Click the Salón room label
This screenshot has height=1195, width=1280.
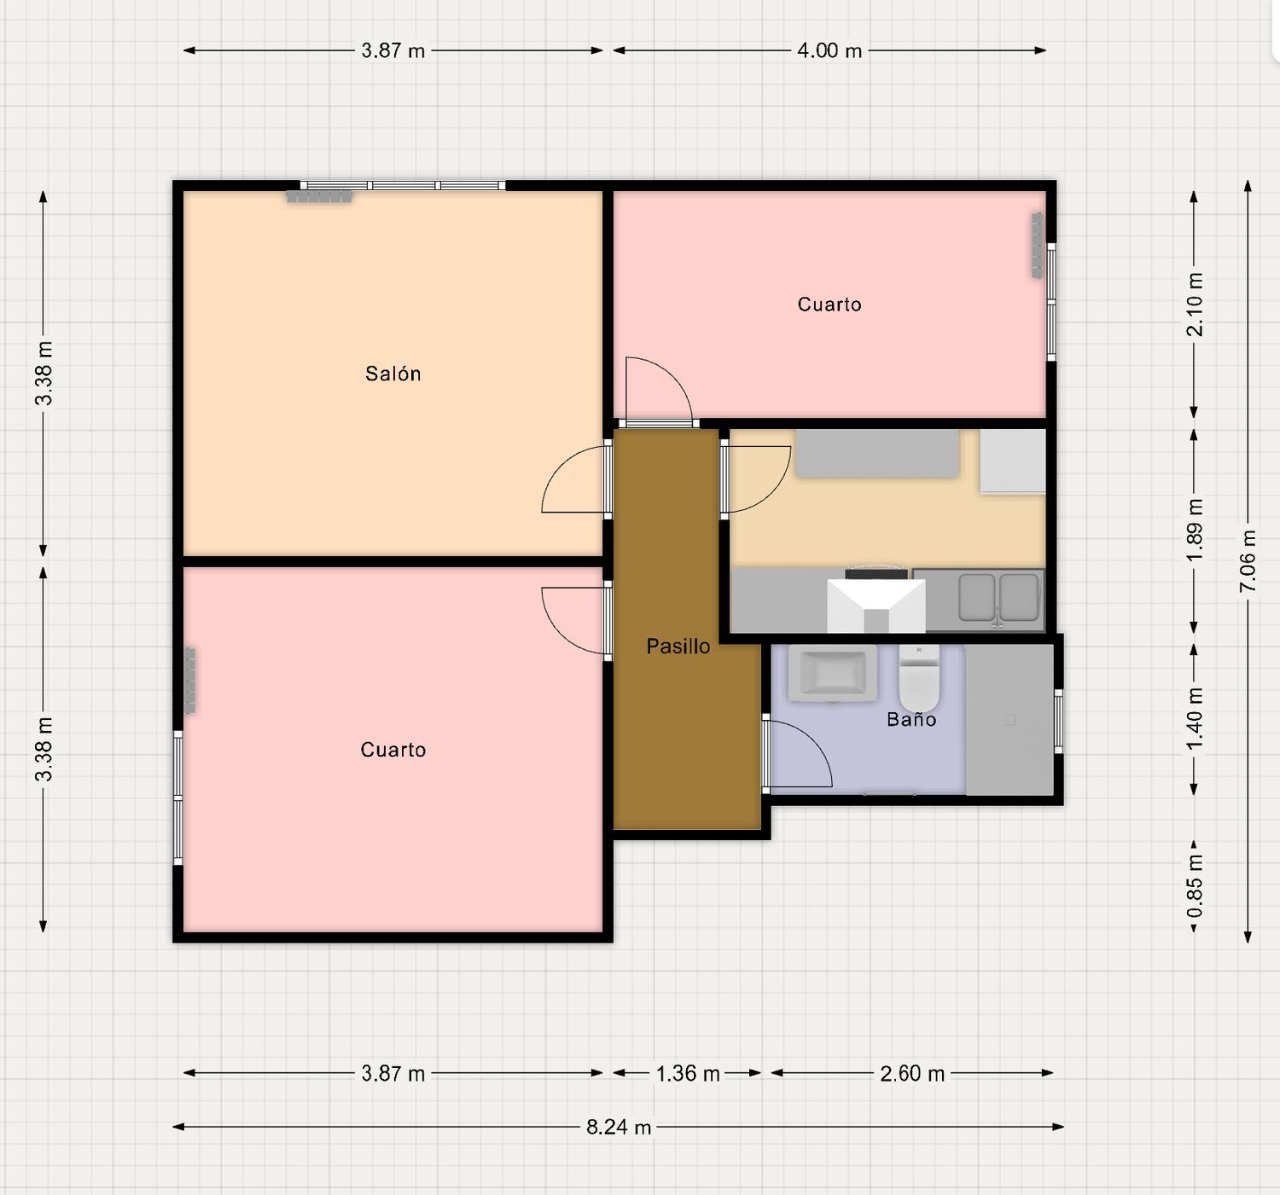pos(393,374)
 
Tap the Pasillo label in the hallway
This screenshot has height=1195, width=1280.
pos(678,646)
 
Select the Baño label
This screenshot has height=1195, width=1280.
pos(911,719)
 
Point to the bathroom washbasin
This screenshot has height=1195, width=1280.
pos(832,673)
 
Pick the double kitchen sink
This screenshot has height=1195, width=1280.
pos(998,597)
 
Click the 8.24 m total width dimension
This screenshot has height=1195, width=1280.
pos(618,1127)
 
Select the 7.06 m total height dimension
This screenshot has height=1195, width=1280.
pos(1248,560)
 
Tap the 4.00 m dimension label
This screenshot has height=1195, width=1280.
pos(829,50)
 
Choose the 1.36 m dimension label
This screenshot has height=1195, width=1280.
pos(687,1073)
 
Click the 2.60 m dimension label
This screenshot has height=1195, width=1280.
pos(912,1073)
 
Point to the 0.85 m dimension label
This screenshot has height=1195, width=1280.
pos(1194,885)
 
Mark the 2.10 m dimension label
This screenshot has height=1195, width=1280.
pos(1194,305)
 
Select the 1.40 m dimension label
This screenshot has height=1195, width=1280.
pos(1194,719)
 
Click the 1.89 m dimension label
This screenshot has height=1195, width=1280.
pos(1194,530)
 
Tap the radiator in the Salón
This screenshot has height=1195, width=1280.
pos(319,196)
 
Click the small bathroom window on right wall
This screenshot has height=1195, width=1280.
pos(1058,722)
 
